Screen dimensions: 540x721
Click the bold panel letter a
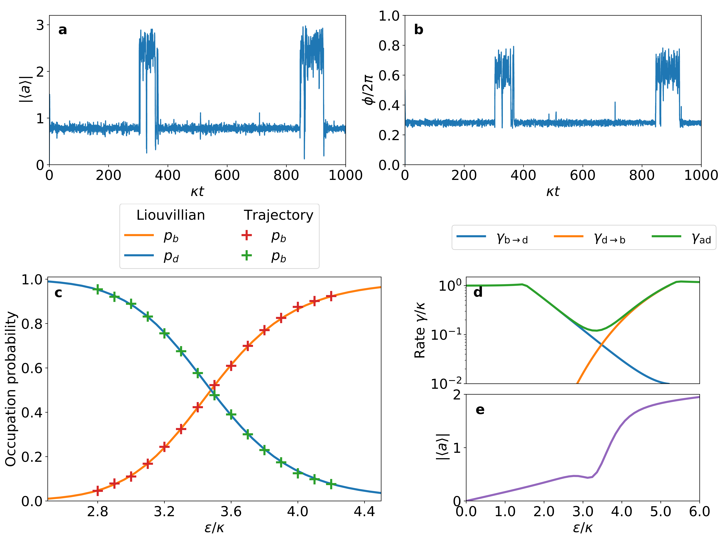pyautogui.click(x=63, y=30)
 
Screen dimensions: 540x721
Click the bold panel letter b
pyautogui.click(x=418, y=30)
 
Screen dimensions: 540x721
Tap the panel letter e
pyautogui.click(x=480, y=410)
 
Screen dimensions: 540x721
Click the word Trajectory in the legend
pyautogui.click(x=278, y=215)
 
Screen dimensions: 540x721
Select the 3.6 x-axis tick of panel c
pyautogui.click(x=231, y=512)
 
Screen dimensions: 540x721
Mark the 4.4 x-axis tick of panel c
pyautogui.click(x=364, y=512)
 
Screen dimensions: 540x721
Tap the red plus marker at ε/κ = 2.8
pyautogui.click(x=97, y=490)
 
